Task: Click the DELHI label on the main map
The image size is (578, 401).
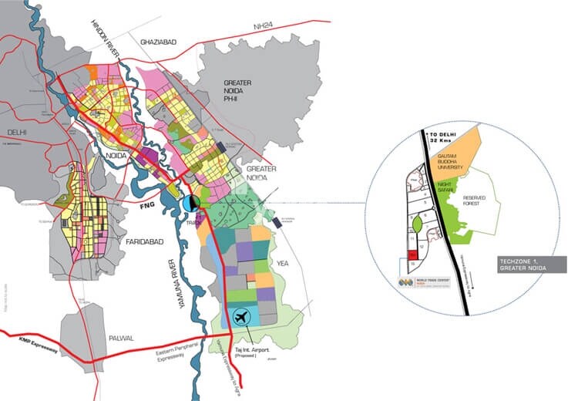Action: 15,132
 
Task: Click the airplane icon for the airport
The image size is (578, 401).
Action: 241,316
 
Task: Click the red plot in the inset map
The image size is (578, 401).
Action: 412,254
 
